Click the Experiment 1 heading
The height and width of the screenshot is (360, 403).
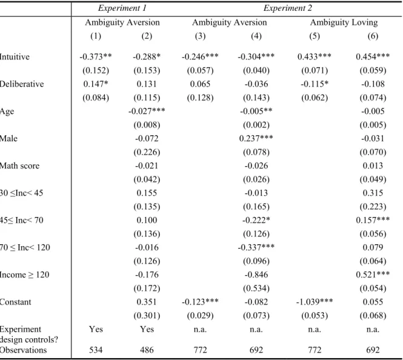pyautogui.click(x=122, y=8)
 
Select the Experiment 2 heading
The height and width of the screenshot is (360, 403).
pyautogui.click(x=288, y=8)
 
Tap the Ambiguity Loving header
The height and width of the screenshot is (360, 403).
pyautogui.click(x=344, y=22)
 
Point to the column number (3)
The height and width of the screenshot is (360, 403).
pyautogui.click(x=200, y=36)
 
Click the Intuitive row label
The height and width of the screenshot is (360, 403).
pyautogui.click(x=15, y=56)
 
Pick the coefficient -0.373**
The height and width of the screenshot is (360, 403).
pyautogui.click(x=96, y=56)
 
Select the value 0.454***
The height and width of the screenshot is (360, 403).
pyautogui.click(x=373, y=56)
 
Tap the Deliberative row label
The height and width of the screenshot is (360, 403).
pyautogui.click(x=22, y=84)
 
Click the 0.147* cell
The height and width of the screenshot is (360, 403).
pyautogui.click(x=96, y=84)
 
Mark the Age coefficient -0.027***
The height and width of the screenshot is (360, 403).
pyautogui.click(x=147, y=111)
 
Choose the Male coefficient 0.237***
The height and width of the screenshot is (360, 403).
pyautogui.click(x=256, y=139)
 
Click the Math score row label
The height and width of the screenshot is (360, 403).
pyautogui.click(x=19, y=165)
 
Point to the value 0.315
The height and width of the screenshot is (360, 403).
pyautogui.click(x=373, y=193)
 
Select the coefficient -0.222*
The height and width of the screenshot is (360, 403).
pyautogui.click(x=256, y=220)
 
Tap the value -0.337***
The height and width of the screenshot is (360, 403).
pyautogui.click(x=256, y=247)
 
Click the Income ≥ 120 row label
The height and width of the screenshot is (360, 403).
pyautogui.click(x=24, y=275)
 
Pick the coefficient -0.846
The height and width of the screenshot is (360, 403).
pyautogui.click(x=256, y=275)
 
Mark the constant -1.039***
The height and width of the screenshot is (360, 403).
pyautogui.click(x=315, y=302)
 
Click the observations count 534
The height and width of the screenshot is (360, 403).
pyautogui.click(x=96, y=350)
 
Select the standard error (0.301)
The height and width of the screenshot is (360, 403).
pyautogui.click(x=147, y=316)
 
